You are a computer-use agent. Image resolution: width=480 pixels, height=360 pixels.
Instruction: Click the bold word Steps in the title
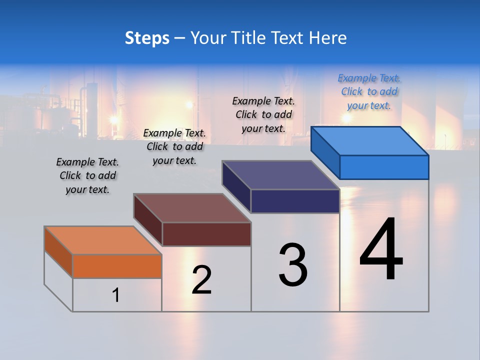tap(147, 38)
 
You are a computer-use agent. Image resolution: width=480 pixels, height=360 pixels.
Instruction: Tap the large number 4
tap(381, 250)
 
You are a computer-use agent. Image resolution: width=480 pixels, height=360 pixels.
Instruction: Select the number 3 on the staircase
tap(293, 265)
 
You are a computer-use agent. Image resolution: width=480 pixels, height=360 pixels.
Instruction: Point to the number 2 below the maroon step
tap(201, 280)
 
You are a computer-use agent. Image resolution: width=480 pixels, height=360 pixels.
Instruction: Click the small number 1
tap(116, 295)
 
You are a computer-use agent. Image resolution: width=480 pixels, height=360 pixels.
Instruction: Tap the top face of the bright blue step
tap(370, 141)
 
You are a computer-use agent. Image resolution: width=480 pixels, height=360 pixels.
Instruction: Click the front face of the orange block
tap(117, 266)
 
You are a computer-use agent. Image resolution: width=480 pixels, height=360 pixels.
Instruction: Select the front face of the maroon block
tap(206, 234)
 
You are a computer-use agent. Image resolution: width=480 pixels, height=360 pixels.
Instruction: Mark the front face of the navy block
tap(295, 201)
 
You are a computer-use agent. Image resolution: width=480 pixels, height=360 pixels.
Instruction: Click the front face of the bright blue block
tap(384, 167)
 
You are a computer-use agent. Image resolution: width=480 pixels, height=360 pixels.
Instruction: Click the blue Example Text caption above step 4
tap(369, 92)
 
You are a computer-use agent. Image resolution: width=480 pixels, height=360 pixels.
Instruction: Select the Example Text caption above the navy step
tap(263, 114)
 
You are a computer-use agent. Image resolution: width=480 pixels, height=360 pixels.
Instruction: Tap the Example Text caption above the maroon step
tap(174, 146)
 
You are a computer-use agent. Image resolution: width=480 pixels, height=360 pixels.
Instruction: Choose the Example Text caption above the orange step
tap(87, 175)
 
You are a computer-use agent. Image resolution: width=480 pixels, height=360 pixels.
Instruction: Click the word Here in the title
tap(328, 38)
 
